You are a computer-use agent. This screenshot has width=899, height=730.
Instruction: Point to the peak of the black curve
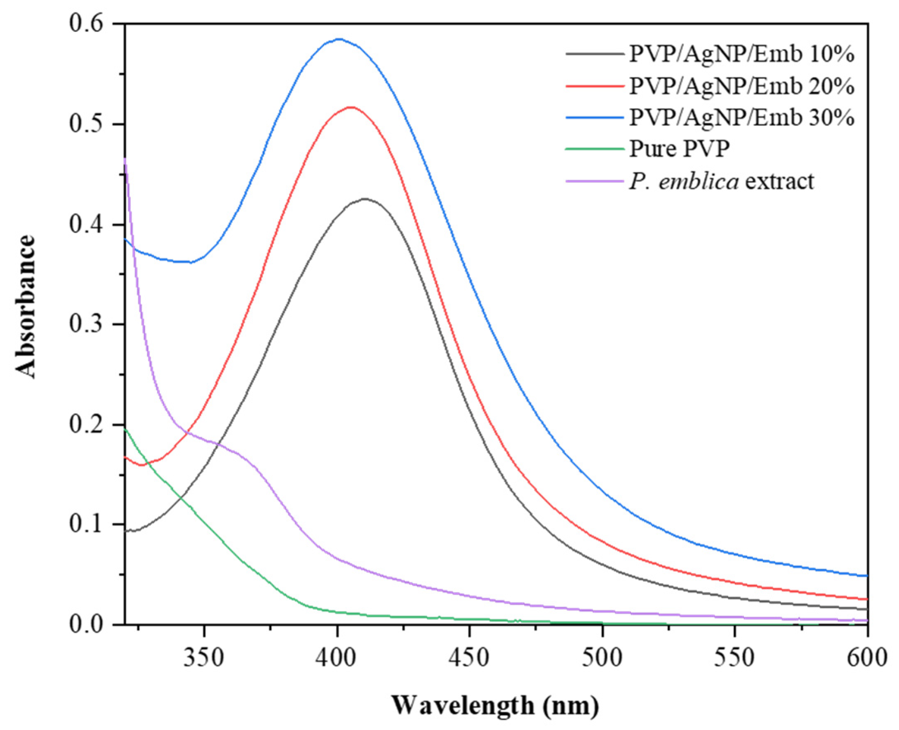pos(365,199)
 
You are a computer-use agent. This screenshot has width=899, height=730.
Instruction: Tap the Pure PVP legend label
pos(679,149)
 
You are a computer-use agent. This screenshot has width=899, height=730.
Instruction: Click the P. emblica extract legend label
pos(721,181)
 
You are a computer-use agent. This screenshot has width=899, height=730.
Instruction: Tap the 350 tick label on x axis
pos(204,657)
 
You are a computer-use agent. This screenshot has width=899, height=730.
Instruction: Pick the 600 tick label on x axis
pos(866,657)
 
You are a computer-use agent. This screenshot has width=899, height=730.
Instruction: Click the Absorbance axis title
pos(25,307)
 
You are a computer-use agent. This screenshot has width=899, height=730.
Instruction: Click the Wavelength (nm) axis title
pos(496,705)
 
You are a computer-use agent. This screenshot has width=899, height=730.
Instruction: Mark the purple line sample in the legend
pos(594,181)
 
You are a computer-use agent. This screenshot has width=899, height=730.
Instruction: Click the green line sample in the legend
pos(594,149)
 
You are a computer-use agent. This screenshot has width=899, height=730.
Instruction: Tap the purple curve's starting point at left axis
pos(125,159)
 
